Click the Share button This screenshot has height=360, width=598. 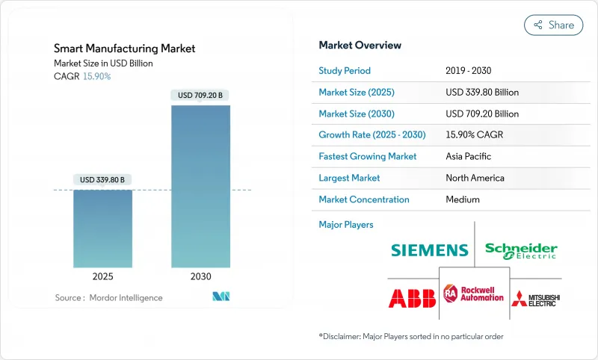pyautogui.click(x=553, y=25)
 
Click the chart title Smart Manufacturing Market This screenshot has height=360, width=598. pyautogui.click(x=125, y=49)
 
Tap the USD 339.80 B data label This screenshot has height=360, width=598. pyautogui.click(x=102, y=179)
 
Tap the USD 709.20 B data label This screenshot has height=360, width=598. pyautogui.click(x=200, y=95)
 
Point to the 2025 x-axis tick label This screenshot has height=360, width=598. pyautogui.click(x=102, y=276)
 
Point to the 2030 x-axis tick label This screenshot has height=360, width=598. pyautogui.click(x=200, y=276)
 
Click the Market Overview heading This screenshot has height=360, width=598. pyautogui.click(x=360, y=46)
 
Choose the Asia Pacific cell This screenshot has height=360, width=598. pyautogui.click(x=469, y=157)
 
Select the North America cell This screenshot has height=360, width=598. pyautogui.click(x=475, y=178)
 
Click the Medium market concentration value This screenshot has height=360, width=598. pyautogui.click(x=463, y=199)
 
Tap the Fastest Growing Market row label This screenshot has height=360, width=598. pyautogui.click(x=367, y=157)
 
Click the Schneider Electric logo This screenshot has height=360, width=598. pyautogui.click(x=521, y=250)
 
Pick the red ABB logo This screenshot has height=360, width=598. pyautogui.click(x=412, y=298)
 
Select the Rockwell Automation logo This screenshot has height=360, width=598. pyautogui.click(x=473, y=294)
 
